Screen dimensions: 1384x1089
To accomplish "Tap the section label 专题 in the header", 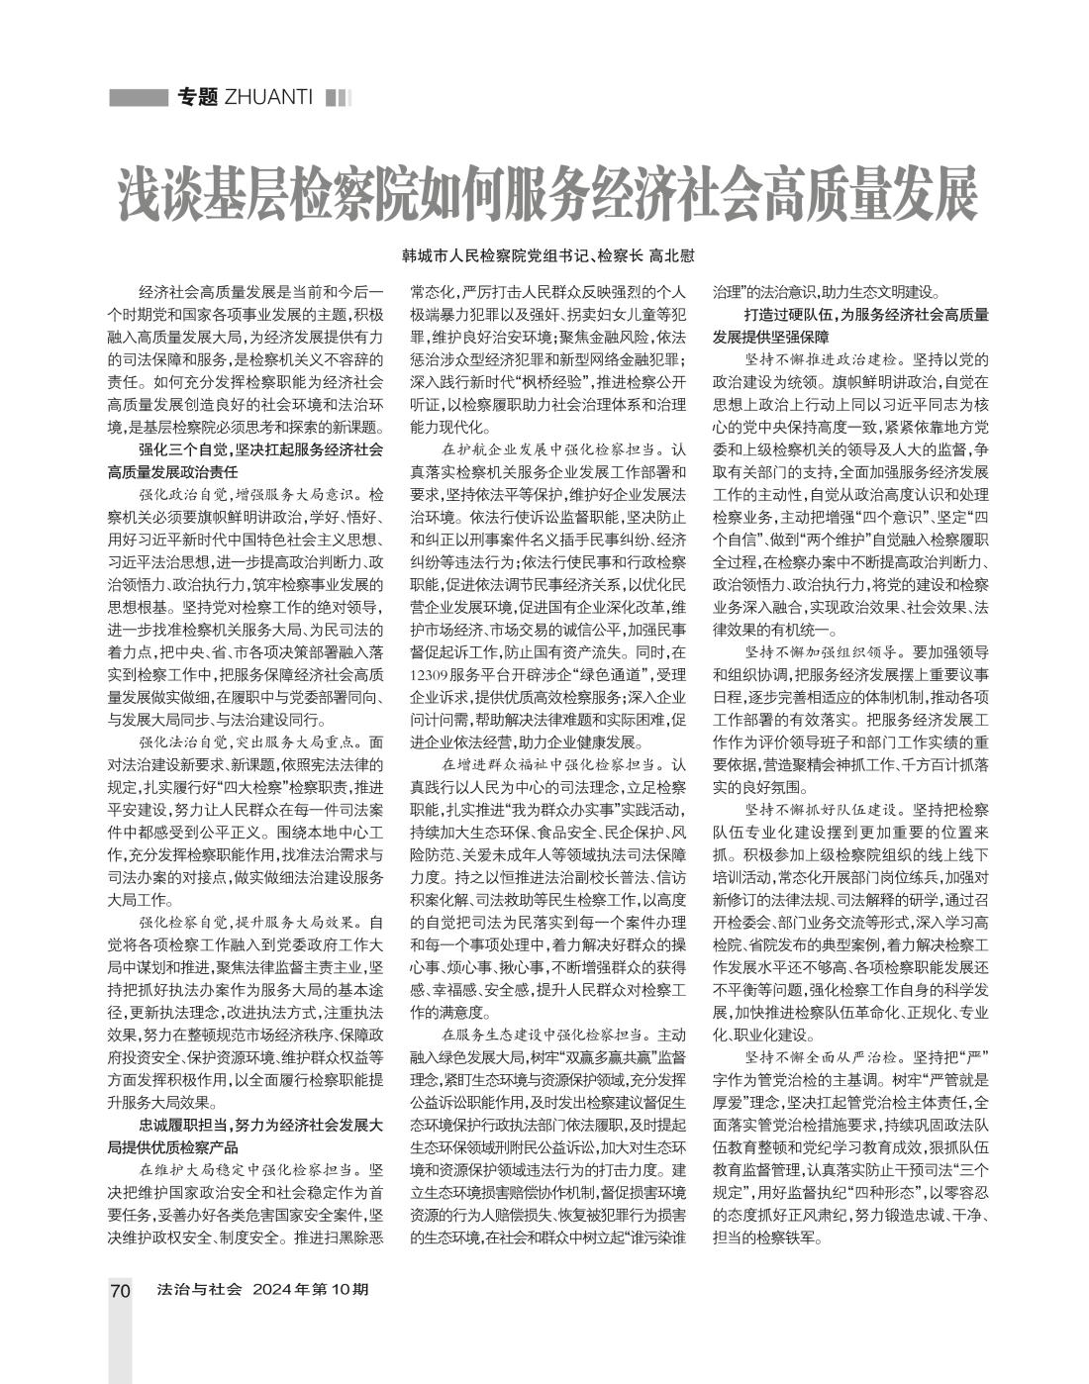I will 196,97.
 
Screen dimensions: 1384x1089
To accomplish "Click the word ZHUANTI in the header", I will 269,97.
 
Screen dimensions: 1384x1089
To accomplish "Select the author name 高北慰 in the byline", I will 670,254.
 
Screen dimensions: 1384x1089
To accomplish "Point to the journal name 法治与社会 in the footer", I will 199,1290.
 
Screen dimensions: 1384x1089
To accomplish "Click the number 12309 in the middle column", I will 433,674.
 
